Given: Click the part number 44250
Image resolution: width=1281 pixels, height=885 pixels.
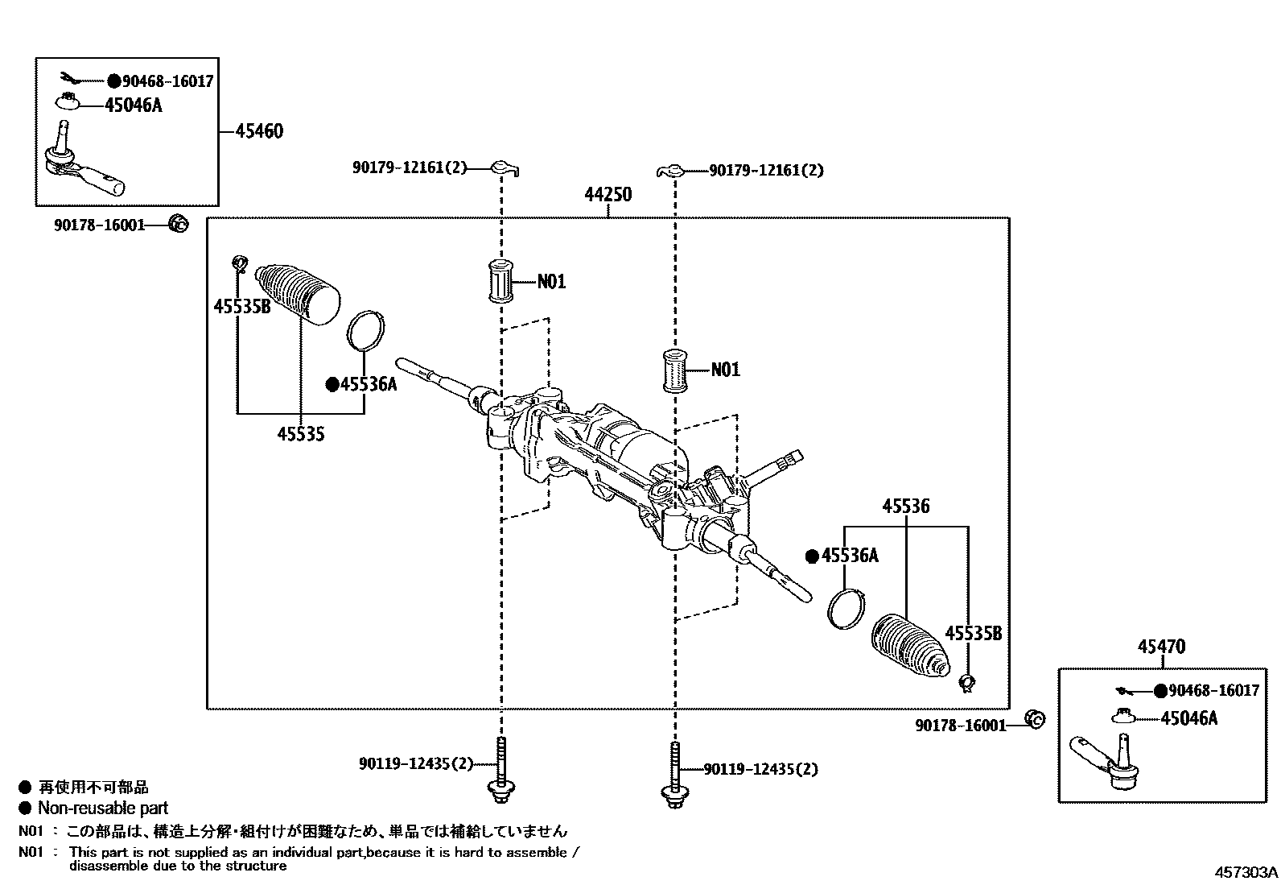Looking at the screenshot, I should pos(608,195).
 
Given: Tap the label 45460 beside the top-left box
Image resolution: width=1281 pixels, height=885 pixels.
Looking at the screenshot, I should pos(258,131).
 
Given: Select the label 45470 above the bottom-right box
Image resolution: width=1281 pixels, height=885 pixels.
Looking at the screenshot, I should pos(1161,646).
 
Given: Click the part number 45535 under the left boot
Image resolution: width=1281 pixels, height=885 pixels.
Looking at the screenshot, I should pos(300,434).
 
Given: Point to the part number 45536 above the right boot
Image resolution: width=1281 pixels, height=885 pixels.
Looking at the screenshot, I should pos(905,507).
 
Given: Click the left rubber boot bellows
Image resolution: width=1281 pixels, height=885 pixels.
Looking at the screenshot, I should pos(299,293).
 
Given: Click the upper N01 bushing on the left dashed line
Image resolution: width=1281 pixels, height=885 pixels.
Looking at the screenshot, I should pos(502,282).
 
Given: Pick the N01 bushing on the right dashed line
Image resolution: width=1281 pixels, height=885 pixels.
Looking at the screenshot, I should pos(674,370).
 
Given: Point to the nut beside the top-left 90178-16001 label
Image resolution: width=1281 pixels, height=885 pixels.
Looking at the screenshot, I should pos(179,224).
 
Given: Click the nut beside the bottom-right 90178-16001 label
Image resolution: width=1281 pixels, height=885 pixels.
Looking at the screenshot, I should pos(1035,718).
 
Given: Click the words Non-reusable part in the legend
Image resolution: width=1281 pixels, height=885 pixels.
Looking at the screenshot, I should pos(103,808).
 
